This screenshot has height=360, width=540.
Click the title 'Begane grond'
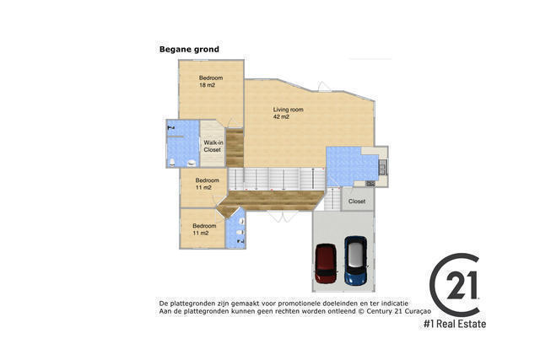189,50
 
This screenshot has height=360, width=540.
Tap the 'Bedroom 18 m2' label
211,82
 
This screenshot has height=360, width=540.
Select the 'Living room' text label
288,110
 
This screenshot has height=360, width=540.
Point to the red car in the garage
326,264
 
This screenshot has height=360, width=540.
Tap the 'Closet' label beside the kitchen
357,201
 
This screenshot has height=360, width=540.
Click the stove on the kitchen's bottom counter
370,182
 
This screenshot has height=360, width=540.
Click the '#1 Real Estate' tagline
455,324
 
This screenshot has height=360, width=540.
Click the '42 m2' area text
281,117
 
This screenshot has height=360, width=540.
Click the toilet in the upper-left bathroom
173,162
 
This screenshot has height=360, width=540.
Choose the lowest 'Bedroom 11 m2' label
204,229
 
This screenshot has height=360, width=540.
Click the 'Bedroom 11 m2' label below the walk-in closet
208,184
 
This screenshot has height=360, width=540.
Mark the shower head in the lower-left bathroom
240,241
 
